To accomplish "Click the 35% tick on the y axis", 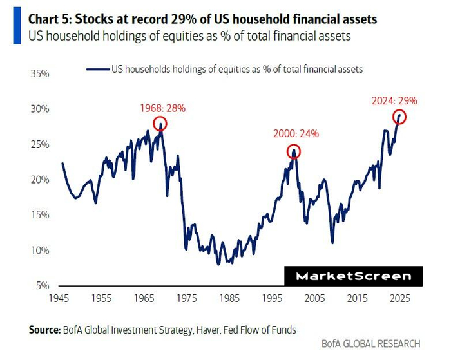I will tap(40, 73).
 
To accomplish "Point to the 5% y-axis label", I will tap(43, 285).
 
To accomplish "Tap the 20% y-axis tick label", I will tap(40, 180).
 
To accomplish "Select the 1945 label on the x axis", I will tap(59, 299).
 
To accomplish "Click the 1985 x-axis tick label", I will tap(229, 299).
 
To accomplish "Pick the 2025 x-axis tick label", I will tap(399, 299).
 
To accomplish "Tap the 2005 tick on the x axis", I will tap(314, 299).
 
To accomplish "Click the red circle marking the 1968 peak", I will tap(160, 124).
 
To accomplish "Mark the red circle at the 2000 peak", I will tap(294, 152).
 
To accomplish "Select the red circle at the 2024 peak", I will tap(399, 117).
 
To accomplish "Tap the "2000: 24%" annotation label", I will tap(295, 134).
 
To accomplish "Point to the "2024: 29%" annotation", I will tap(395, 100).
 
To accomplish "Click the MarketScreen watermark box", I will tap(353, 276).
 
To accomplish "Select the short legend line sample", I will tap(97, 67).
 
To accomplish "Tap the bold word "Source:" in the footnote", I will tap(44, 330).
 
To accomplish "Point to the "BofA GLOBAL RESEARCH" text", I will tap(370, 344).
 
